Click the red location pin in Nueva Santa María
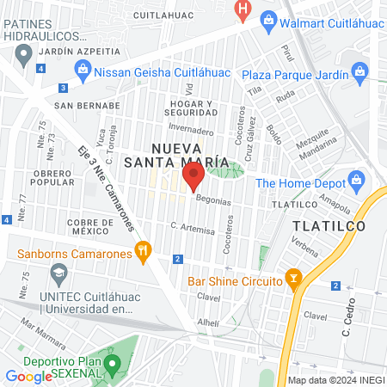(193, 176)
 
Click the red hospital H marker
(243, 10)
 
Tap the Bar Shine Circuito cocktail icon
(294, 280)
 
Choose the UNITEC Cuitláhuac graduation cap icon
(58, 276)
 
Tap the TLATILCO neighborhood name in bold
(329, 225)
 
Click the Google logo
(28, 376)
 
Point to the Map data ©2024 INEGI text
(334, 380)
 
